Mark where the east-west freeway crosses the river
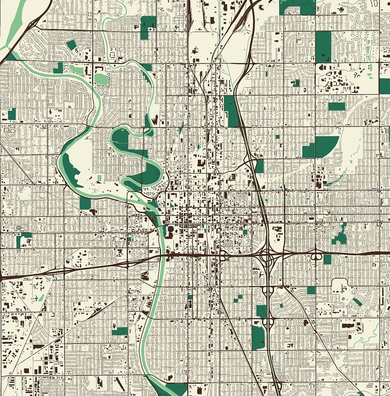[161, 256]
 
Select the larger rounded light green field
[101, 78]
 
